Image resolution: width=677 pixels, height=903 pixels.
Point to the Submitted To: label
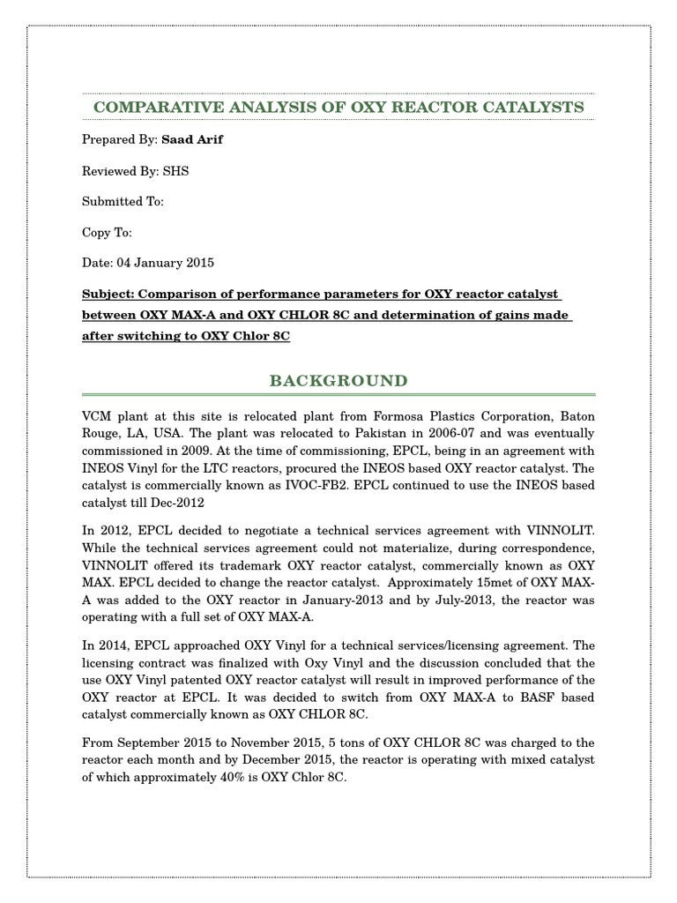point(123,202)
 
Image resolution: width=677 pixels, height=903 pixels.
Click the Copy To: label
point(107,233)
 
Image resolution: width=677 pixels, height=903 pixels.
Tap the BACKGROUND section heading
point(338,381)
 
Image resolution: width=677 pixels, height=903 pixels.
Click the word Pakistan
point(380,434)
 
